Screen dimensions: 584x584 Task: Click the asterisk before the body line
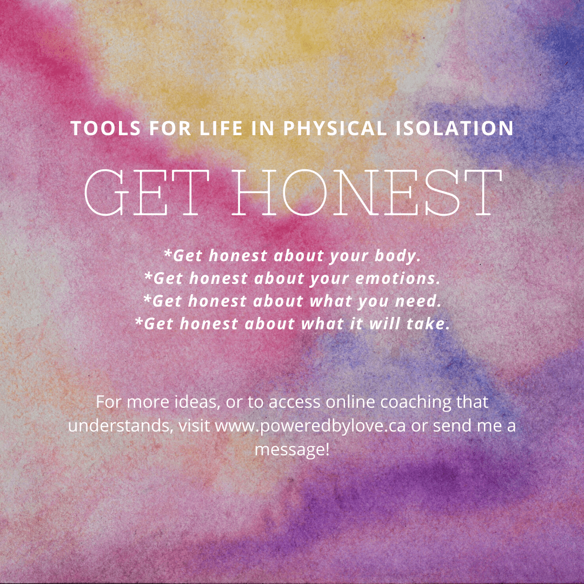pyautogui.click(x=168, y=254)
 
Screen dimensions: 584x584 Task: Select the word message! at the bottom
pyautogui.click(x=292, y=448)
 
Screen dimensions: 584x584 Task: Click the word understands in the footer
pyautogui.click(x=117, y=425)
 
